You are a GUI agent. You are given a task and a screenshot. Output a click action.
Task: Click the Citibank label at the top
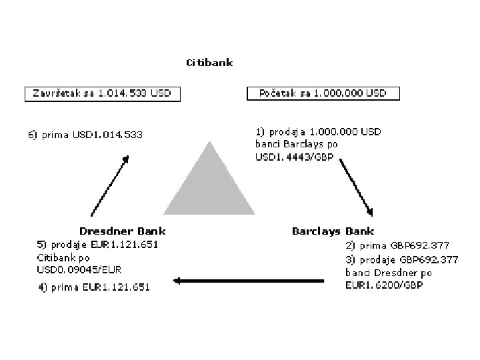point(209,63)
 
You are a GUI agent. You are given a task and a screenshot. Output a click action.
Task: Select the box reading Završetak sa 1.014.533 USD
point(103,93)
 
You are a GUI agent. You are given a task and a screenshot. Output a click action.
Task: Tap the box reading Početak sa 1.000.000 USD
point(323,93)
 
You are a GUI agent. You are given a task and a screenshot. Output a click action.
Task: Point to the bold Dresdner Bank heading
point(123,231)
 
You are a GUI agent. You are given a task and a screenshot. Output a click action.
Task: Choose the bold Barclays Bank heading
point(333,231)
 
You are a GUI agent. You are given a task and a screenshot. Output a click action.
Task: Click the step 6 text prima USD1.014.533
point(85,135)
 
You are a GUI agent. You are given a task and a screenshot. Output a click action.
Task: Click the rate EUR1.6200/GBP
point(384,285)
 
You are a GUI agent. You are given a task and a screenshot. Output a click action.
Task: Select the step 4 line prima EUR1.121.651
point(93,287)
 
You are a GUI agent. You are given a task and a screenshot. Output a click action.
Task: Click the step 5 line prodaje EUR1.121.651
point(97,244)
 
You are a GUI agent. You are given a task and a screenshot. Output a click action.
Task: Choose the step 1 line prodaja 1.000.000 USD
point(319,132)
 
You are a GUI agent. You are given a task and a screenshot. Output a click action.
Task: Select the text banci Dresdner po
point(389,272)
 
